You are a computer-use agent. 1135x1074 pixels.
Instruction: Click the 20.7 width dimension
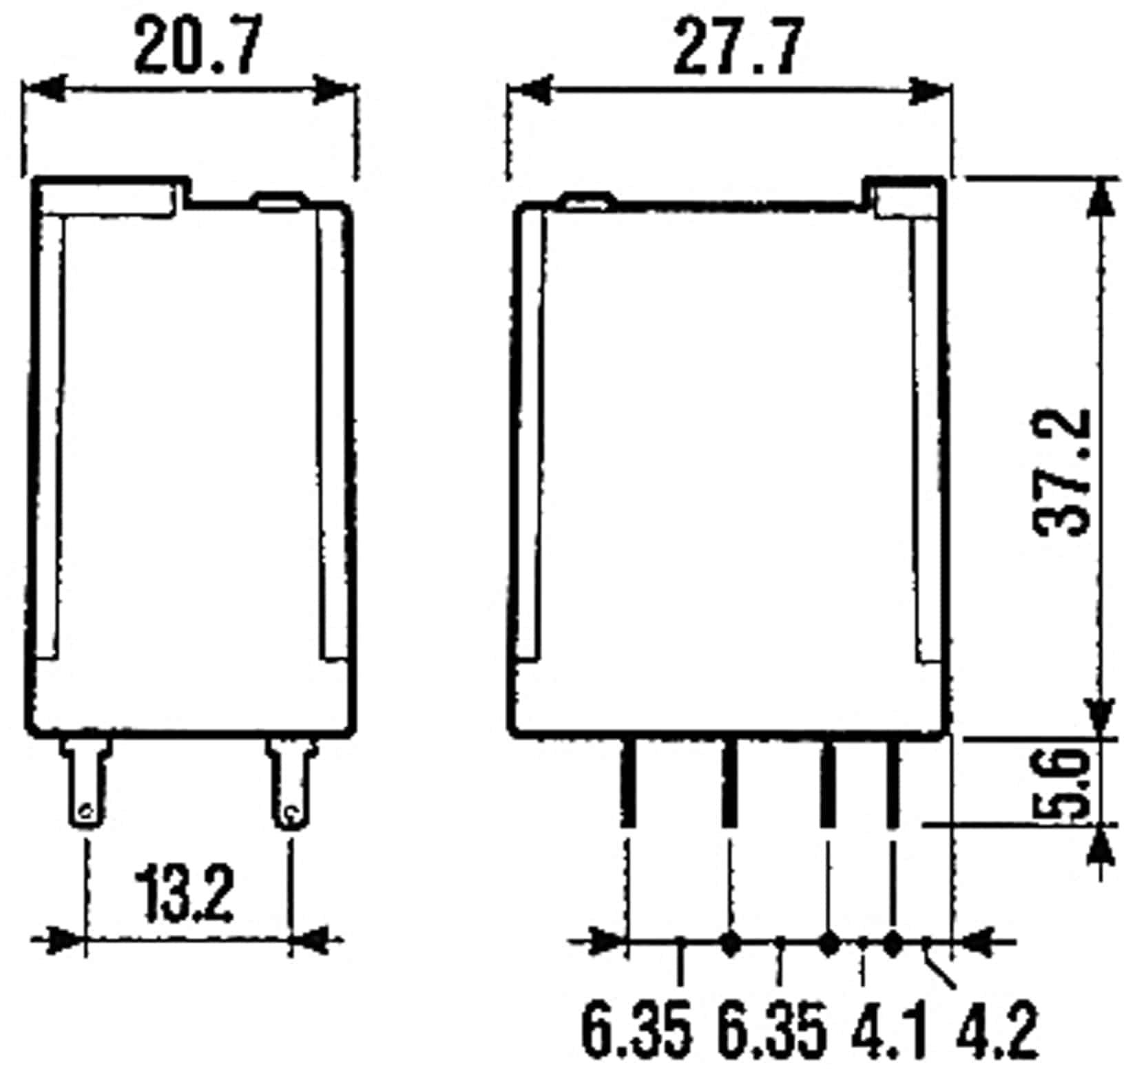click(x=198, y=46)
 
